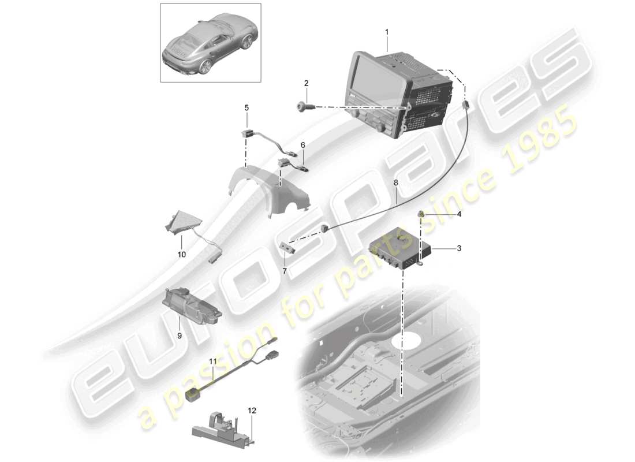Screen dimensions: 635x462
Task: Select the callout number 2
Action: (x=306, y=84)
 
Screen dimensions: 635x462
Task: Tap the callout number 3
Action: (x=459, y=248)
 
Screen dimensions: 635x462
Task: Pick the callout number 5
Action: (x=246, y=107)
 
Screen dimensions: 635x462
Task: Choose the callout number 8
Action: (x=396, y=183)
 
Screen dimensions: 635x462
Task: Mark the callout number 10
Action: (x=181, y=254)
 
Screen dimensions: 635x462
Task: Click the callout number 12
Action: (x=252, y=411)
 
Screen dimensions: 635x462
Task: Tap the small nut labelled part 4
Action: (x=422, y=215)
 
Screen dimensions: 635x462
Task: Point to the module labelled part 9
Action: (x=190, y=302)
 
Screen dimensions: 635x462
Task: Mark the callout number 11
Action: (x=213, y=362)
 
